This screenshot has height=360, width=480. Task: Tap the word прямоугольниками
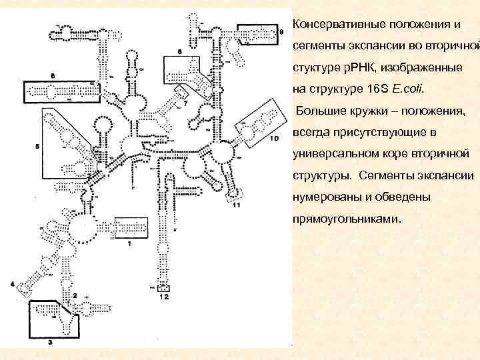(x=347, y=218)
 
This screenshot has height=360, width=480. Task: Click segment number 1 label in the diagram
(x=129, y=244)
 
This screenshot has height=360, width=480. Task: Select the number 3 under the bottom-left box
(x=51, y=341)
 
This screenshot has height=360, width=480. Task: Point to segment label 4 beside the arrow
(x=13, y=285)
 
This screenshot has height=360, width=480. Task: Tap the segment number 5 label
(x=37, y=146)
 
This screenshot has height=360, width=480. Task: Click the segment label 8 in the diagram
(x=179, y=51)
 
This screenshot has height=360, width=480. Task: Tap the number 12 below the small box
(x=164, y=297)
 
